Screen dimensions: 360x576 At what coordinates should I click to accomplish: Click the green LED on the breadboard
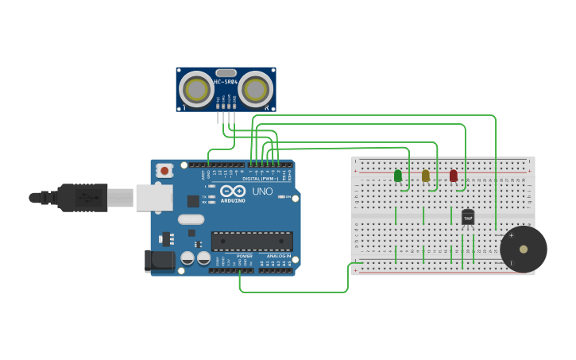click(398, 176)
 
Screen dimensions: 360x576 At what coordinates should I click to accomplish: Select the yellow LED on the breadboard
click(426, 176)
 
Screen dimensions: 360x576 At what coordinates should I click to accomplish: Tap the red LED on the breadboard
click(454, 176)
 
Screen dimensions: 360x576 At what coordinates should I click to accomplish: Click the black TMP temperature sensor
click(468, 216)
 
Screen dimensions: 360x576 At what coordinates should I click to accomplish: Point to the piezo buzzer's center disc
click(524, 250)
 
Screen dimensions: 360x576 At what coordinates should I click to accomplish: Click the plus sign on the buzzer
click(511, 235)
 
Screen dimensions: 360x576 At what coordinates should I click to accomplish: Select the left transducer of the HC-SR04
click(195, 89)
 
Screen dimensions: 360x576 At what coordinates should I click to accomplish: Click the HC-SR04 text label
click(226, 81)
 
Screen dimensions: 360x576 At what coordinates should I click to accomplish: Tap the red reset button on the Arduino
click(164, 170)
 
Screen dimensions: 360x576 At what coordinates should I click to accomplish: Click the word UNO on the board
click(262, 192)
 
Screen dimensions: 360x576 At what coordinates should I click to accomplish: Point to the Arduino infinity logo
click(232, 192)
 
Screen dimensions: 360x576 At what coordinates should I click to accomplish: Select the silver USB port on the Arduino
click(154, 198)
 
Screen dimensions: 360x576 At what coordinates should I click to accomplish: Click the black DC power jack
click(160, 261)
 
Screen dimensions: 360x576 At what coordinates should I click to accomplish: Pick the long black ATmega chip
click(252, 241)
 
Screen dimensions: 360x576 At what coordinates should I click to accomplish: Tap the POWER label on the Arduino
click(245, 256)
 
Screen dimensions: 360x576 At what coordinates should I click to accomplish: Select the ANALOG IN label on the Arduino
click(278, 256)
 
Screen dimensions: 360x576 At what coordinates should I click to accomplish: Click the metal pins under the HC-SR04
click(226, 118)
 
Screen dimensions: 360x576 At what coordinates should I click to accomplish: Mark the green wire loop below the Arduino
click(294, 291)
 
